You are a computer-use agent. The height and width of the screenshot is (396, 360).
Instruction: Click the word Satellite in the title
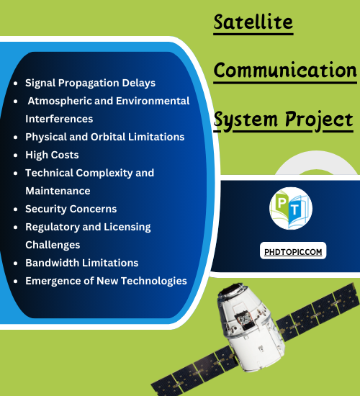point(253,22)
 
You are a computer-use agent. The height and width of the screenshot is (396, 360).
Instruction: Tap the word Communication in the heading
point(285,70)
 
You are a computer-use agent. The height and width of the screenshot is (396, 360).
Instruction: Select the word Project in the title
point(319,120)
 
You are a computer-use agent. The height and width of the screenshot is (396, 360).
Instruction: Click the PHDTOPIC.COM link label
point(293,252)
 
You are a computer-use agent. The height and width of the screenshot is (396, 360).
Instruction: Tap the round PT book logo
point(291,208)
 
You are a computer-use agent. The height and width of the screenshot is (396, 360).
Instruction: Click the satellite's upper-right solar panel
point(318,312)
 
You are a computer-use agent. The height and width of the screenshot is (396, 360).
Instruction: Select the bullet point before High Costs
point(16,155)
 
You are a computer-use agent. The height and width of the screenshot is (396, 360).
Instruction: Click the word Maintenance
point(58,191)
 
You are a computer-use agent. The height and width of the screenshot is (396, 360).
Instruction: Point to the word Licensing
point(127,227)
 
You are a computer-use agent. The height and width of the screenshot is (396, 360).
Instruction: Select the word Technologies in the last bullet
point(154,281)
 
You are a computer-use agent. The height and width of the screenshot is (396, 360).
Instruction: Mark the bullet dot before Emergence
point(16,281)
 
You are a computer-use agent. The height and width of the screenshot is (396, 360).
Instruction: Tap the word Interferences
point(59,119)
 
